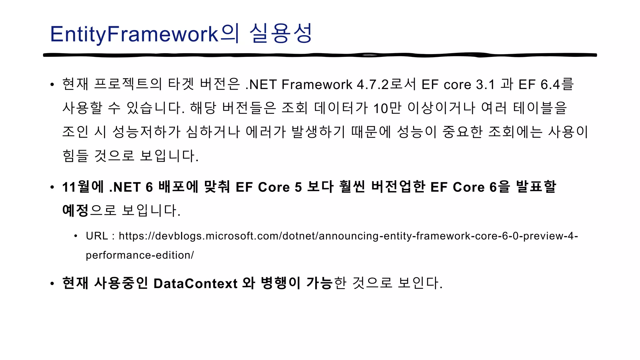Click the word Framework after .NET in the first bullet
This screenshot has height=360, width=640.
(x=317, y=84)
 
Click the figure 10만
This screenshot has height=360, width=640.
(x=387, y=108)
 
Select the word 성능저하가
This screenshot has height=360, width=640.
(x=146, y=132)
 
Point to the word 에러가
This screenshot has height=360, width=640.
(x=266, y=132)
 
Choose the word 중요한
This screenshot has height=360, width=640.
(x=462, y=132)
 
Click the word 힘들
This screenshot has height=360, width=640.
(x=75, y=156)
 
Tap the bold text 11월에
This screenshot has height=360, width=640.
(x=83, y=187)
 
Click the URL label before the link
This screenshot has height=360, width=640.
(x=97, y=236)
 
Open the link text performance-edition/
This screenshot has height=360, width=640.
(x=140, y=255)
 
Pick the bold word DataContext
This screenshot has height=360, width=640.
(x=195, y=283)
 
